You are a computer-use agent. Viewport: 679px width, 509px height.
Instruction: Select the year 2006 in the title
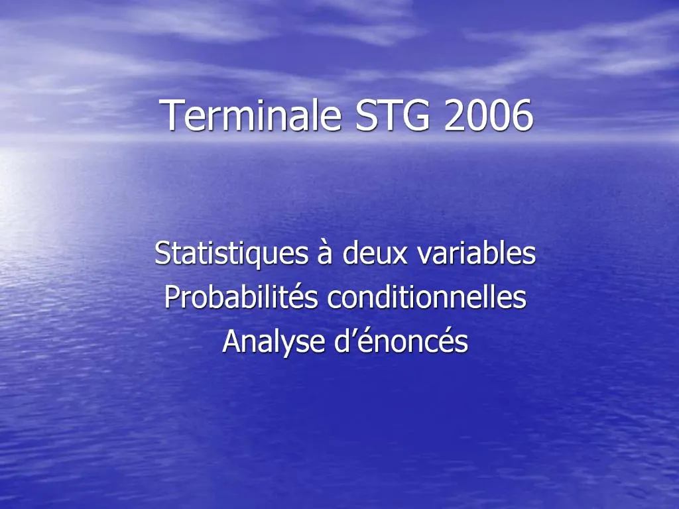(x=488, y=115)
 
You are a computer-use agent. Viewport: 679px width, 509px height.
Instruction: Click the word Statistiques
(x=231, y=254)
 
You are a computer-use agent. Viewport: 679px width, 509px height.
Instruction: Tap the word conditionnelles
(x=427, y=298)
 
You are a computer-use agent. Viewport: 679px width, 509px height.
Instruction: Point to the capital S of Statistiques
(x=162, y=254)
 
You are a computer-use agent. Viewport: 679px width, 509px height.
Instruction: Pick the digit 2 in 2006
(x=456, y=115)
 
